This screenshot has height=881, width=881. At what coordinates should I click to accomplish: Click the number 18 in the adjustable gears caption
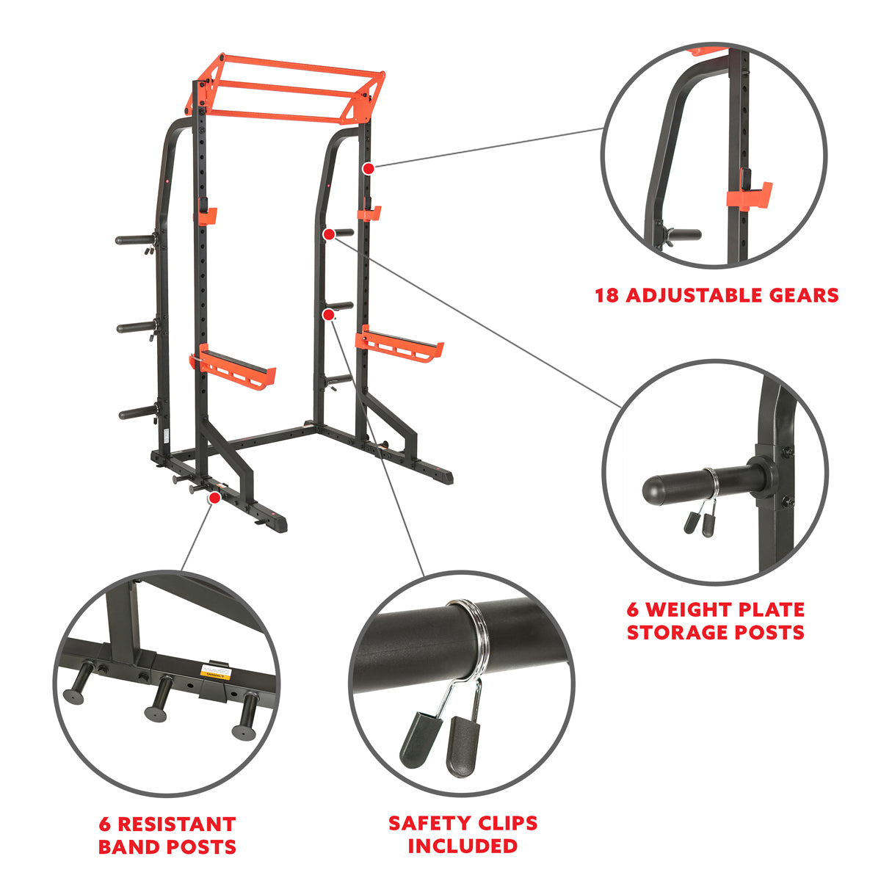pyautogui.click(x=607, y=296)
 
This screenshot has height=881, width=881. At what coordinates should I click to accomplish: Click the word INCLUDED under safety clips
pyautogui.click(x=463, y=846)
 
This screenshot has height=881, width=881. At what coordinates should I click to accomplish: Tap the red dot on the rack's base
pyautogui.click(x=214, y=498)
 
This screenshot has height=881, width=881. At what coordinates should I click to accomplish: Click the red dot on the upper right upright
pyautogui.click(x=369, y=168)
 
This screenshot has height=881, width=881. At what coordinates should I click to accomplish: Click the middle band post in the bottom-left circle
pyautogui.click(x=158, y=701)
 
